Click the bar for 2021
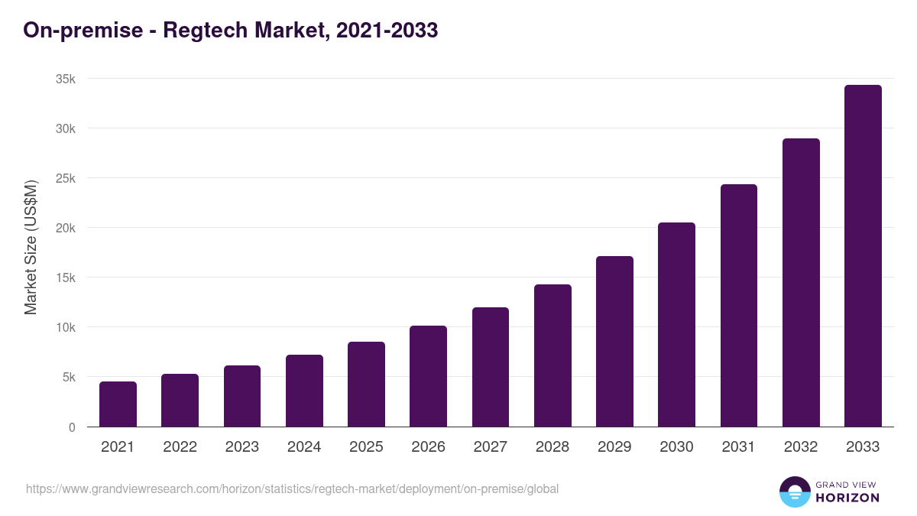118,404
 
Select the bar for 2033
863,256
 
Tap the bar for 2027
491,367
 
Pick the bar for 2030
676,325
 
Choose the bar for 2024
304,391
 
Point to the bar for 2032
801,283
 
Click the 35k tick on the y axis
66,79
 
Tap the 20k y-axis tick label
66,228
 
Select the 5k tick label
69,377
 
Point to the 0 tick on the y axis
72,427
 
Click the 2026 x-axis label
428,447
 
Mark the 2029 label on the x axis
614,447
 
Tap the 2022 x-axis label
180,447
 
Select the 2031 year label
739,447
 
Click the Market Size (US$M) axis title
31,247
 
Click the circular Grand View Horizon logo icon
794,492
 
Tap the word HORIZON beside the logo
847,498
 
